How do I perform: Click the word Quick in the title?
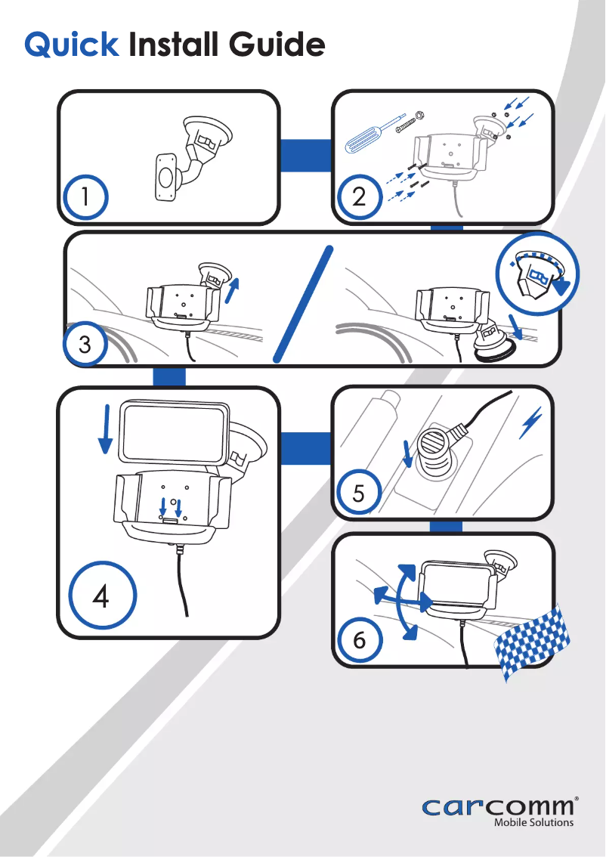coord(72,45)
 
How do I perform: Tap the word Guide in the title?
coord(277,44)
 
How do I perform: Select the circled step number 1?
coord(85,196)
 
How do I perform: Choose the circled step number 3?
coord(85,345)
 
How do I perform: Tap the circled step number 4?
coord(102,596)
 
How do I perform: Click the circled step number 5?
coord(358,493)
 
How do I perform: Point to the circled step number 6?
coord(359,639)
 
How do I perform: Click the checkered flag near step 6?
coord(532,643)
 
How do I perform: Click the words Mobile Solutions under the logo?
coord(534,822)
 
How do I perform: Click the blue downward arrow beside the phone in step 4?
coord(105,429)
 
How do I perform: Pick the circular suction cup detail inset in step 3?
coord(537,273)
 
